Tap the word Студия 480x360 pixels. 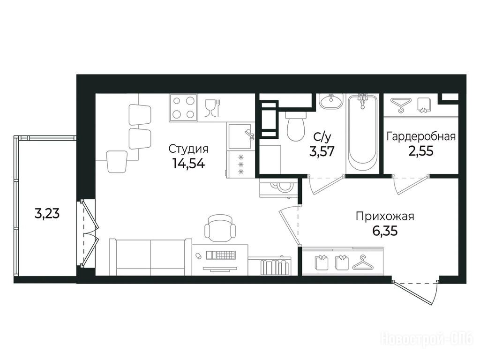(x=188, y=149)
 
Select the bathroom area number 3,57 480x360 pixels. (x=322, y=151)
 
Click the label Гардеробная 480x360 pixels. (x=421, y=136)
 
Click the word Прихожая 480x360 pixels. (x=385, y=217)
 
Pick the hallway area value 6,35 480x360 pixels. (x=385, y=231)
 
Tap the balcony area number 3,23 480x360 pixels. (x=47, y=213)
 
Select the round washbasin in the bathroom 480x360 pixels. (x=331, y=101)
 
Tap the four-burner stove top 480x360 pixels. (x=183, y=107)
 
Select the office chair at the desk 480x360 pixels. (x=220, y=228)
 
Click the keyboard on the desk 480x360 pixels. (x=221, y=255)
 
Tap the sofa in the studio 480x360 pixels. (x=150, y=257)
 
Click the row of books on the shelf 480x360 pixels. (x=275, y=267)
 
